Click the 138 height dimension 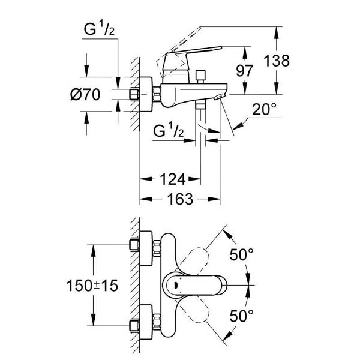pyautogui.click(x=277, y=61)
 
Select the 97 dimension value pyautogui.click(x=245, y=71)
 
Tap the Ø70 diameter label pyautogui.click(x=85, y=94)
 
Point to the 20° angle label pyautogui.click(x=264, y=109)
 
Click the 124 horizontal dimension pyautogui.click(x=173, y=179)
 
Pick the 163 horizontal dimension pyautogui.click(x=180, y=199)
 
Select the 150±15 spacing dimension pyautogui.click(x=92, y=286)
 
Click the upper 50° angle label pyautogui.click(x=242, y=254)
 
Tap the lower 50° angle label pyautogui.click(x=242, y=316)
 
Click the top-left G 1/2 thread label pyautogui.click(x=99, y=29)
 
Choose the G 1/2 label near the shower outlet pyautogui.click(x=168, y=130)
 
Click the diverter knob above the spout pyautogui.click(x=200, y=77)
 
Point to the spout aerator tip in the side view pyautogui.click(x=219, y=97)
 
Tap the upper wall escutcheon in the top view pyautogui.click(x=146, y=248)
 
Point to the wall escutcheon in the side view pyautogui.click(x=146, y=94)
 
